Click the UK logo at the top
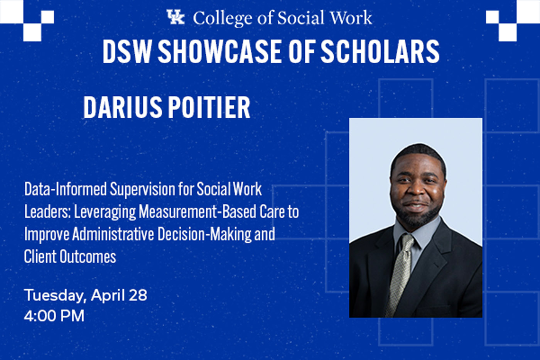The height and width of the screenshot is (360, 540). pos(175,17)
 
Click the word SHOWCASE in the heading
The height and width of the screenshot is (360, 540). pos(220,51)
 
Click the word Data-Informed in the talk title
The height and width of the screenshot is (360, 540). pos(66,189)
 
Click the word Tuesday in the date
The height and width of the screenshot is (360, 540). pos(56,296)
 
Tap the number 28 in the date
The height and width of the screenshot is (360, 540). pos(138,296)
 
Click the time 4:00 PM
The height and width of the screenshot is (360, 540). pos(54,316)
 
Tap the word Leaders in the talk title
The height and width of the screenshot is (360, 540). pos(47,211)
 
